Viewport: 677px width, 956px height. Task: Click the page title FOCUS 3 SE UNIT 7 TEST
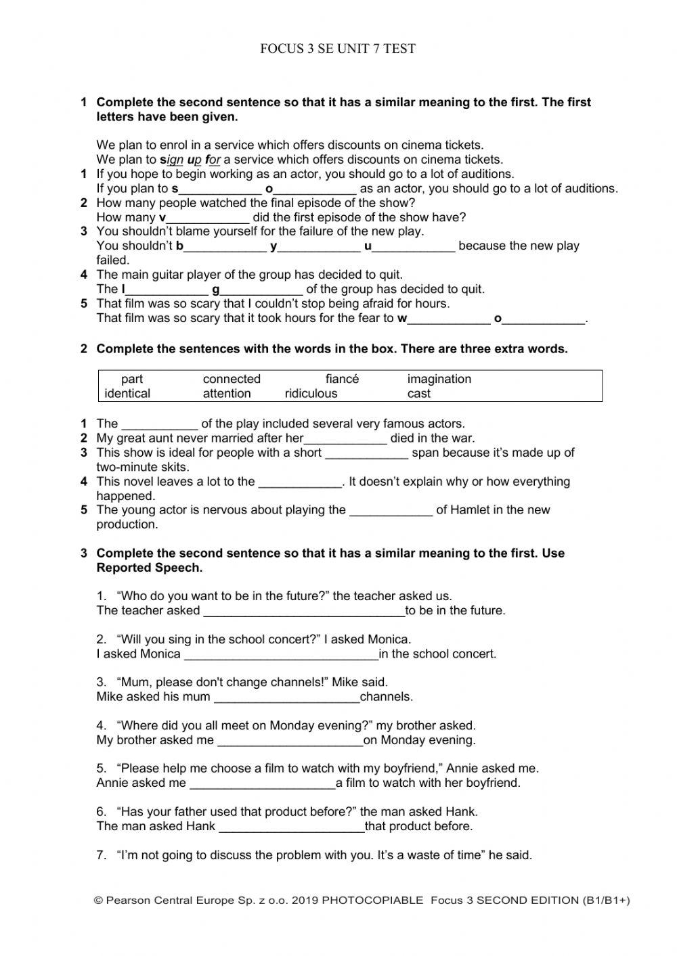tap(338, 49)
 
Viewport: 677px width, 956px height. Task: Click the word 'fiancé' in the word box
tap(342, 379)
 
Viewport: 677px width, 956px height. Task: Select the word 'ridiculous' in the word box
tap(311, 393)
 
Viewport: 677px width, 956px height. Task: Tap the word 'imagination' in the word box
tap(439, 379)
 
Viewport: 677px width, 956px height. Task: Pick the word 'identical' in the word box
tap(127, 393)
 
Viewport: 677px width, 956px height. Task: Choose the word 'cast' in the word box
tap(418, 393)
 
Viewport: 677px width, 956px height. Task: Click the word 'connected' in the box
tap(232, 379)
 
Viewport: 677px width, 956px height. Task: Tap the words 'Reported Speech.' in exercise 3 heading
tap(150, 568)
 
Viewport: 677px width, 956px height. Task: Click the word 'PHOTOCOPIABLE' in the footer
tap(372, 901)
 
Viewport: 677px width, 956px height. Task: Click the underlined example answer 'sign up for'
tap(191, 160)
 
